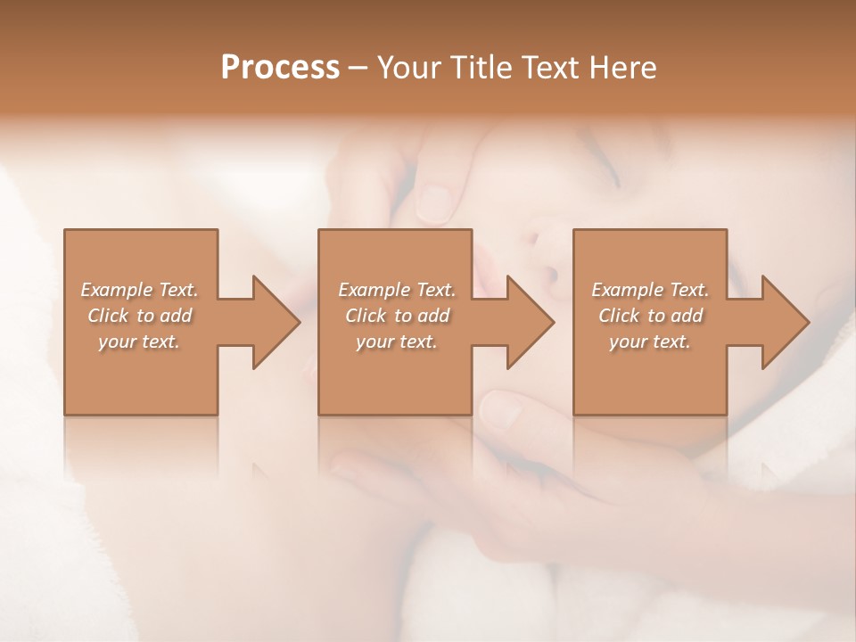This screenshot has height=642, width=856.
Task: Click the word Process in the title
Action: point(280,68)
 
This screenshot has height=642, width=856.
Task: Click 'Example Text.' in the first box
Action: point(139,290)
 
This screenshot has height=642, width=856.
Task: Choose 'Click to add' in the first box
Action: point(139,316)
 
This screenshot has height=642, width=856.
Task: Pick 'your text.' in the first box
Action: point(139,342)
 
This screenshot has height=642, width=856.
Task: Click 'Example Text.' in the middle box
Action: point(397,290)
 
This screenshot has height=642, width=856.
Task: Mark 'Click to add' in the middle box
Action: point(397,316)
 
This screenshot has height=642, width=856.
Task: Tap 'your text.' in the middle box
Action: point(397,342)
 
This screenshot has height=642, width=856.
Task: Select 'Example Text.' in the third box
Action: point(650,290)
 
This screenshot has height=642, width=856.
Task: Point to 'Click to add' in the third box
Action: point(650,316)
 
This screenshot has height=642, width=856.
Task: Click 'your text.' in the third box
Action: point(650,342)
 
